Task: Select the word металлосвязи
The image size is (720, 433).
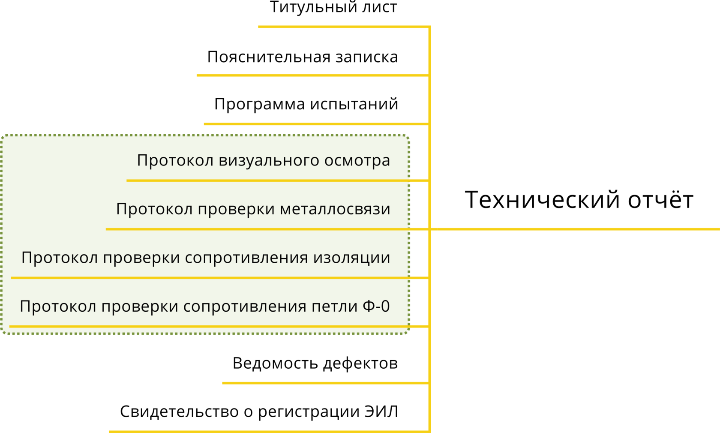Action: pos(335,209)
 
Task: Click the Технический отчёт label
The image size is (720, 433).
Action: pos(579,200)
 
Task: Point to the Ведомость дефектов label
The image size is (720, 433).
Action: pos(315,364)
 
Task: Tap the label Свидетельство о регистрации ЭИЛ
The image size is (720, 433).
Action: pos(259,412)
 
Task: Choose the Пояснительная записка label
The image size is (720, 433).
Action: pos(302,57)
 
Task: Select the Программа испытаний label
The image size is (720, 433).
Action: pos(306,105)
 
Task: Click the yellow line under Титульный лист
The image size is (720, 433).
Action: pos(343,27)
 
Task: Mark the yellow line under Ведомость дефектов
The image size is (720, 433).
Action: pos(326,383)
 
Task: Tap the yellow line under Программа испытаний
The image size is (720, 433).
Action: pos(316,124)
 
